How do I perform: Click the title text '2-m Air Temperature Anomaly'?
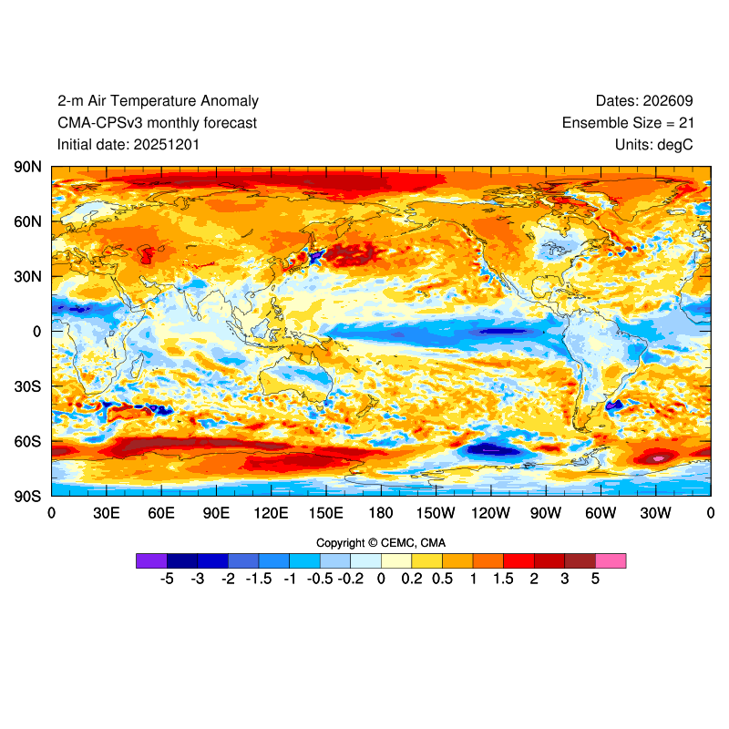pos(158,101)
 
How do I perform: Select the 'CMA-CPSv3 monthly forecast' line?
pos(157,123)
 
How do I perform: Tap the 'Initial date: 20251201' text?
pos(128,144)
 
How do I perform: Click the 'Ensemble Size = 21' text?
pos(634,123)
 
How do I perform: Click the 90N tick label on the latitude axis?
pos(27,167)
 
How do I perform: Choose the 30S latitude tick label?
pos(27,386)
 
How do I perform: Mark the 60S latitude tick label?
pos(27,441)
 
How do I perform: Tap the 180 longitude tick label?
pos(381,513)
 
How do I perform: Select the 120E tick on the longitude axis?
pos(271,513)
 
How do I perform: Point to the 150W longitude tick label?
pos(436,513)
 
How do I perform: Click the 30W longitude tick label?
pos(655,513)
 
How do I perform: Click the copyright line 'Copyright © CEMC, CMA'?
pos(381,543)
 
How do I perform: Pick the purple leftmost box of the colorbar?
pos(151,560)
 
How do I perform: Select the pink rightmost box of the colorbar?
pos(611,560)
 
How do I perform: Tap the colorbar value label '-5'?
pos(167,579)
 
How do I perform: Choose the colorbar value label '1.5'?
pos(503,579)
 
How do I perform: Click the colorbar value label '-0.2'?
pos(351,579)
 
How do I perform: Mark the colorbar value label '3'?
pos(565,579)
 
